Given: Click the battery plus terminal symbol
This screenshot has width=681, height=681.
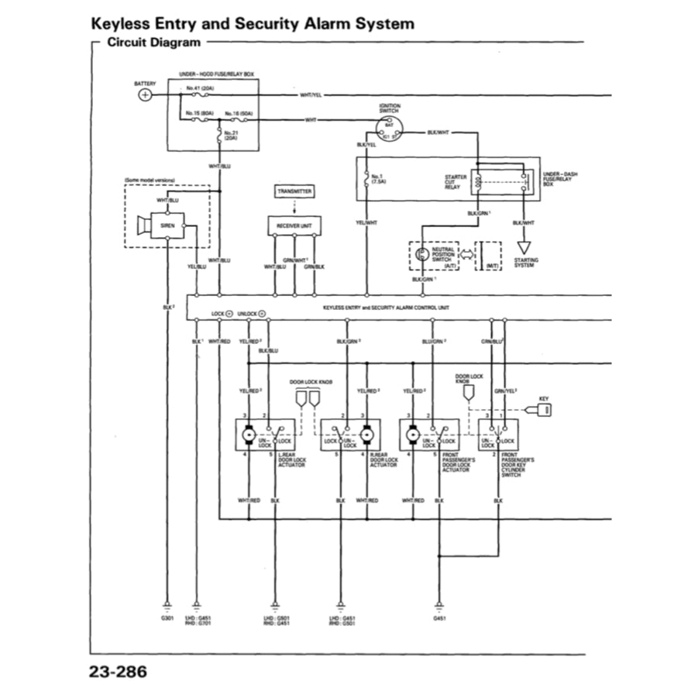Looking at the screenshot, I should pyautogui.click(x=144, y=95).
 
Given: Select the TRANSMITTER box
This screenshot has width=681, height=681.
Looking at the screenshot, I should pyautogui.click(x=294, y=190).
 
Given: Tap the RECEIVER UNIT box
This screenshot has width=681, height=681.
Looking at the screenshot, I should pyautogui.click(x=294, y=226).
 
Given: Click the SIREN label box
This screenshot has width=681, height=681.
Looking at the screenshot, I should pyautogui.click(x=167, y=225).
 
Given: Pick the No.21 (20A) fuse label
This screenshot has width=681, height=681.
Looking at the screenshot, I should pyautogui.click(x=230, y=135).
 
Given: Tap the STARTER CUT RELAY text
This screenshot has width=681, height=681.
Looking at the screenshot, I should pyautogui.click(x=455, y=181).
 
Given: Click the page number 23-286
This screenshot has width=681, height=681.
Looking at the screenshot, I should pyautogui.click(x=118, y=669).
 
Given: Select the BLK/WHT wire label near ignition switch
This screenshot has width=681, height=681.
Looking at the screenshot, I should pyautogui.click(x=438, y=132).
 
